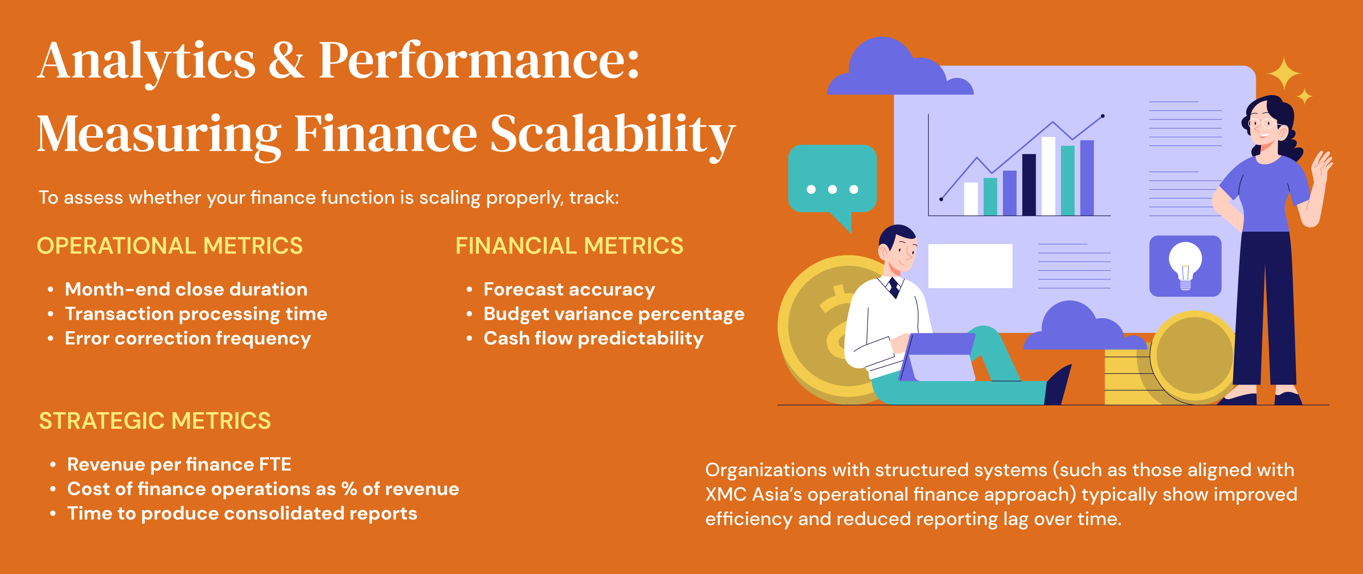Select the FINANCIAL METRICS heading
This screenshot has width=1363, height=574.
point(569,246)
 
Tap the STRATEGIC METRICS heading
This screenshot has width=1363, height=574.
point(155,421)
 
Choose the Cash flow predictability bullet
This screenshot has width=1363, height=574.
point(594,338)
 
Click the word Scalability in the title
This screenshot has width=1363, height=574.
point(613,135)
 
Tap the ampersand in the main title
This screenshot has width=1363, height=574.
point(286,60)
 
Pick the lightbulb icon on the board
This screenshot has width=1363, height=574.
point(1185,266)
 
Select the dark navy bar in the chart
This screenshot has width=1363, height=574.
point(1029,185)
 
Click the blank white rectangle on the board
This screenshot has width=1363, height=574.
point(971,266)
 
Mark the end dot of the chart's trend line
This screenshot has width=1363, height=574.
point(1103,116)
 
